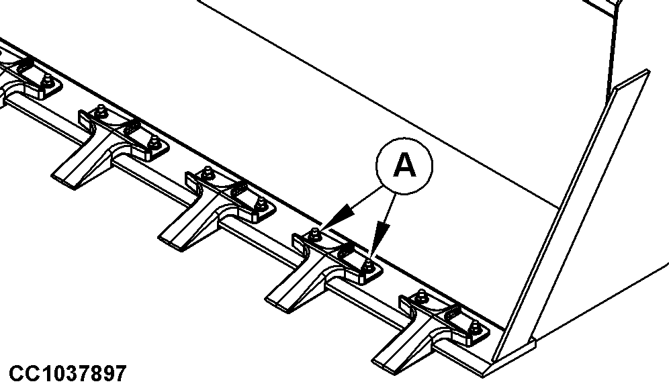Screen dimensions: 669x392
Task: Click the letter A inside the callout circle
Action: [x=404, y=165]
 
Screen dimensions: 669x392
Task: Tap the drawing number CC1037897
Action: [x=67, y=374]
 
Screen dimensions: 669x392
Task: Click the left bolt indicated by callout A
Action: [x=315, y=234]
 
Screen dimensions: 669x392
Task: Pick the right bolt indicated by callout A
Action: [x=368, y=266]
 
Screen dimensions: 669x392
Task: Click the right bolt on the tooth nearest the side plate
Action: [x=474, y=327]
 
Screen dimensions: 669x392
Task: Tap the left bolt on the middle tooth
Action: [x=208, y=172]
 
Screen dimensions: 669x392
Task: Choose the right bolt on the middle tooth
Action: [x=261, y=204]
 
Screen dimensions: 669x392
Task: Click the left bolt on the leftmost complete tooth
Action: [x=101, y=110]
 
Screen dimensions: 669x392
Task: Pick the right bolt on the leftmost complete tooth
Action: [x=154, y=142]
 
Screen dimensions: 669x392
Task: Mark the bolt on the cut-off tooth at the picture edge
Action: [x=48, y=80]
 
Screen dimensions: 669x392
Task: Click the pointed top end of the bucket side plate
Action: [x=648, y=70]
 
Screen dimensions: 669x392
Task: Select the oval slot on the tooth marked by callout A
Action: [x=345, y=251]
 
